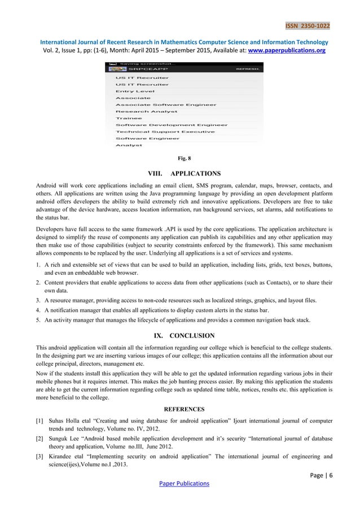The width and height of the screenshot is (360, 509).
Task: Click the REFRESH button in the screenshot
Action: point(248,70)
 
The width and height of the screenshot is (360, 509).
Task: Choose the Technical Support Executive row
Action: point(165,131)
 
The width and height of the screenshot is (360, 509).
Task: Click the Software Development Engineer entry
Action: point(172,125)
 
